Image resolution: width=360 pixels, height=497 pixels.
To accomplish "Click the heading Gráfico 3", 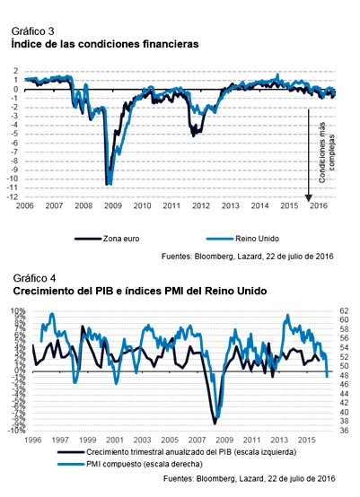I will (33, 31).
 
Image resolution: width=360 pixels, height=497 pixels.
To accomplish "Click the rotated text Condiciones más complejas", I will (327, 153).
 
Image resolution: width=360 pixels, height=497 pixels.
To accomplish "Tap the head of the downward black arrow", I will (308, 192).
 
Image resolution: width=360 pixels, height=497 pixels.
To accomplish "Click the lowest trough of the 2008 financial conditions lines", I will (109, 183).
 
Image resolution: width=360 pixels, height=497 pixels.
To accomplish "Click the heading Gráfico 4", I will (33, 278).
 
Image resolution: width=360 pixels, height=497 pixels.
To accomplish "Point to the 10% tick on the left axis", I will (18, 311).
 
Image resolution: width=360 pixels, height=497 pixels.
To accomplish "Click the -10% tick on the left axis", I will (17, 431).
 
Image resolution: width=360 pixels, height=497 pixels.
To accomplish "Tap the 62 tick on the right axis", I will (345, 311).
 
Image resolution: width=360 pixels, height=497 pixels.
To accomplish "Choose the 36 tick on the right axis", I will (345, 431).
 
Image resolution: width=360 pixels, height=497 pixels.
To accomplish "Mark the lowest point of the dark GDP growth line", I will (215, 422).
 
